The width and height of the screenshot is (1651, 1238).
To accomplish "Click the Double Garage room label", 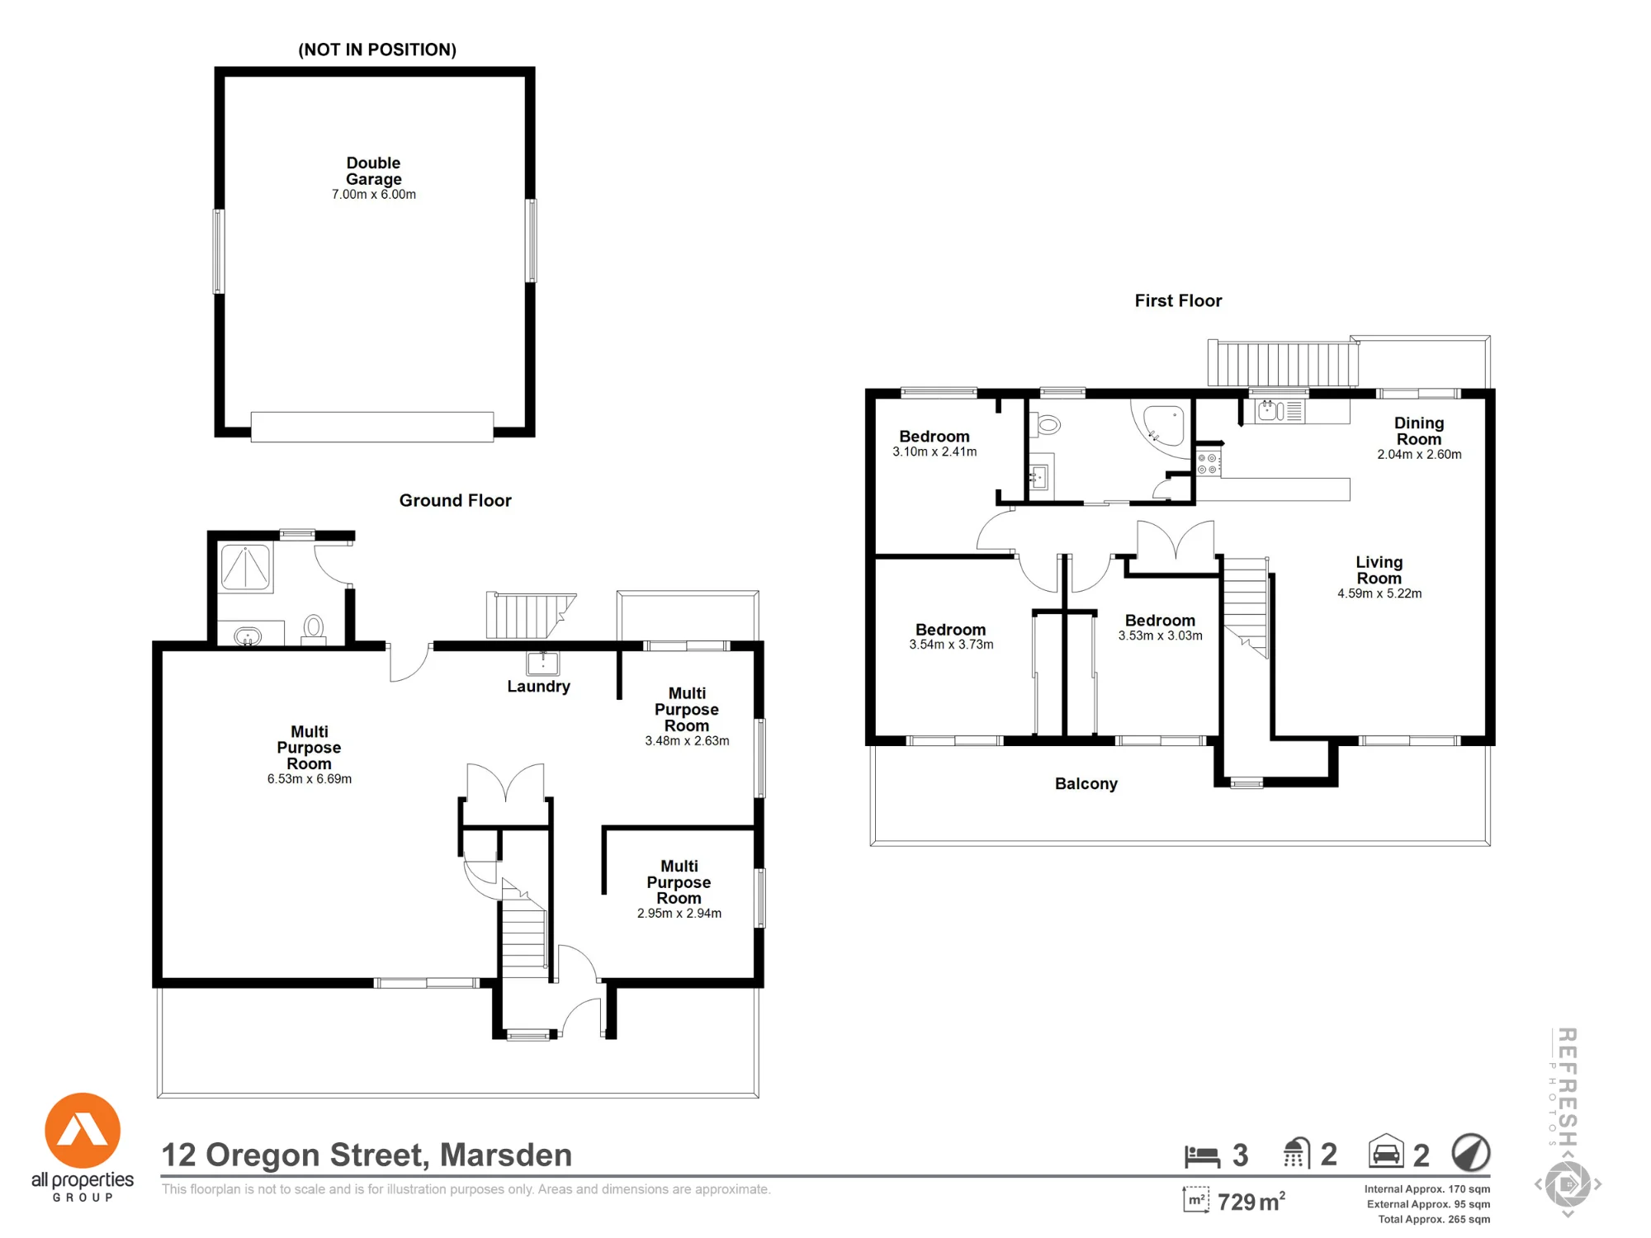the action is click(x=374, y=171).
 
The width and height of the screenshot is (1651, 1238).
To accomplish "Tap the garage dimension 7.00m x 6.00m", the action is click(x=374, y=195).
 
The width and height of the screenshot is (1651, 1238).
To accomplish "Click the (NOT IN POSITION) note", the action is click(x=377, y=50).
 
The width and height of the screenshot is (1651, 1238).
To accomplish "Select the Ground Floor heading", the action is click(x=455, y=500).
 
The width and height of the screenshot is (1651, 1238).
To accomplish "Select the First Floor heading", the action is click(x=1178, y=300).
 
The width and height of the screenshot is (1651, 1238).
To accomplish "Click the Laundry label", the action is click(x=538, y=687).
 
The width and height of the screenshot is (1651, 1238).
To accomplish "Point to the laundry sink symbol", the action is click(x=543, y=663).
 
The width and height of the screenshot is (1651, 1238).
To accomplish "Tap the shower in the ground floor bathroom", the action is click(x=245, y=567).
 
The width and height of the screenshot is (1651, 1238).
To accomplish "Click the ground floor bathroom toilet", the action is click(x=313, y=629).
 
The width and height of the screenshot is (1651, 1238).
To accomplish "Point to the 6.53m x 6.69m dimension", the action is click(x=310, y=779).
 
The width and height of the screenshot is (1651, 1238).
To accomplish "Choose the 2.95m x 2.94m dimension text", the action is click(x=679, y=914).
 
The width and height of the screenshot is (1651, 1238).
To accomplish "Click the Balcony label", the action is click(x=1086, y=784).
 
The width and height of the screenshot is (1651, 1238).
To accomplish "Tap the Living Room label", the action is click(x=1379, y=570).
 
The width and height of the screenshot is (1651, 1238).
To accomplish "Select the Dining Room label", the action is click(x=1419, y=431).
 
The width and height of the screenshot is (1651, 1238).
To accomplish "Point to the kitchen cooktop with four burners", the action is click(x=1209, y=463).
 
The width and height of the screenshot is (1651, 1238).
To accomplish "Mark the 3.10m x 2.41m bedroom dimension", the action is click(x=934, y=452).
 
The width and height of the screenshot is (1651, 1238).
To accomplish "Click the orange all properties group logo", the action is click(x=83, y=1131).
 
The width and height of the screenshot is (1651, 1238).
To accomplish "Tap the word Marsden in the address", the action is click(x=506, y=1155).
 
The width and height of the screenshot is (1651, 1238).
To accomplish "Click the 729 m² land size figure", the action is click(x=1251, y=1202).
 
